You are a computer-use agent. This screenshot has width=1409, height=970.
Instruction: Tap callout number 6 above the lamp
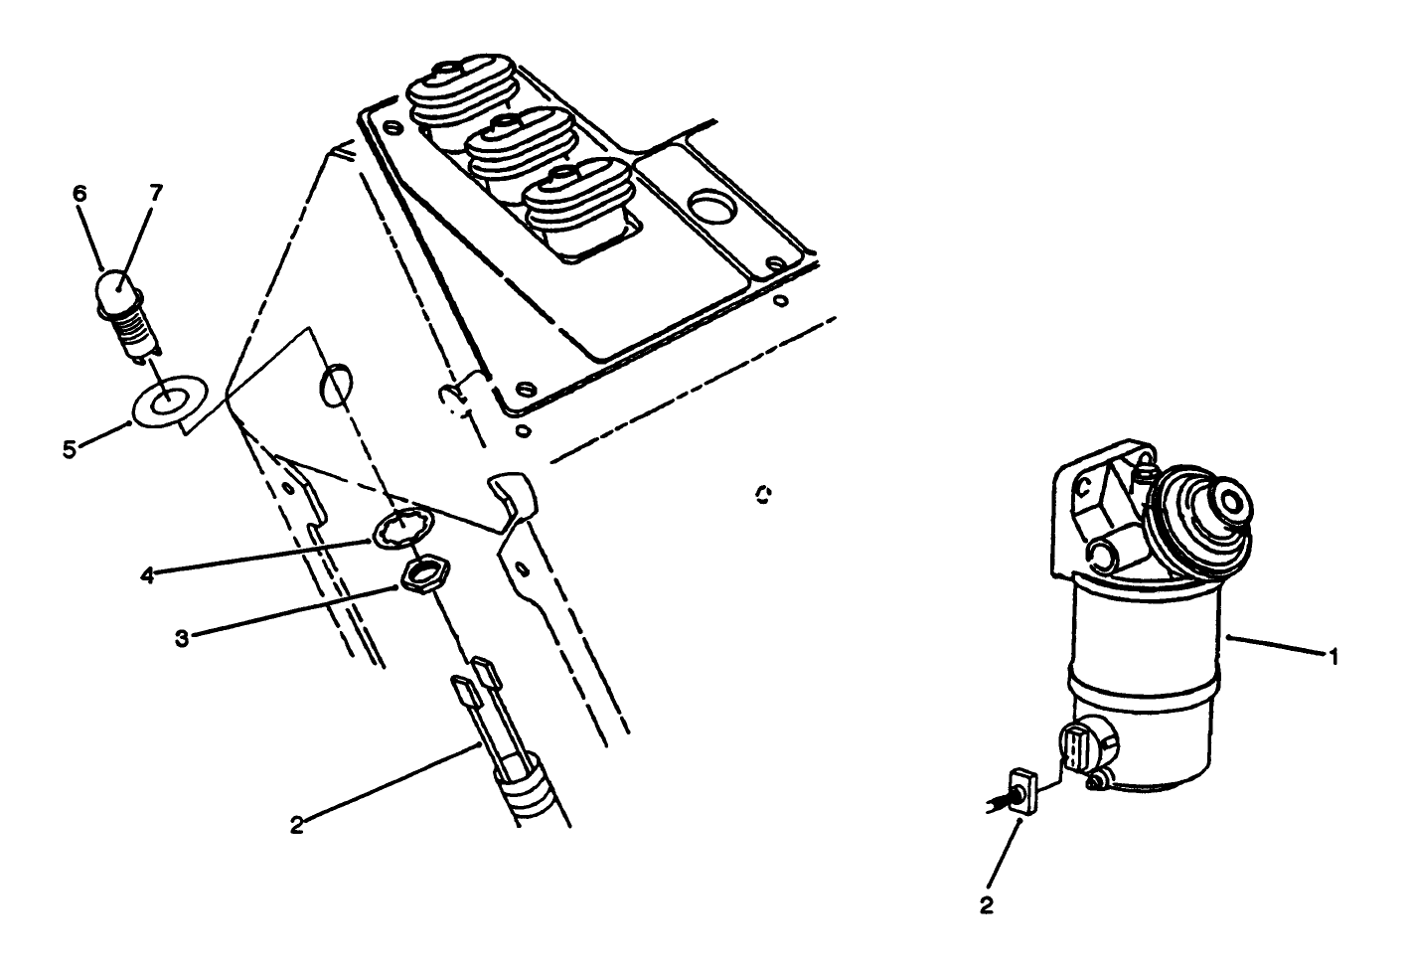[x=80, y=194]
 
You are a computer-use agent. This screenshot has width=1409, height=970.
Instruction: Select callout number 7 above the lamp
[x=156, y=194]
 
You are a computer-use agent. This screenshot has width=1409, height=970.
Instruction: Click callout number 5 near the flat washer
[x=69, y=449]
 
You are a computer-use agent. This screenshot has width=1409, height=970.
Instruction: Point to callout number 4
[x=146, y=575]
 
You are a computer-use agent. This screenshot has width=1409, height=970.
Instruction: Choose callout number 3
[x=181, y=638]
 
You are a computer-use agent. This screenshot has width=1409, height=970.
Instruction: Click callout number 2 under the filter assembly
[x=987, y=905]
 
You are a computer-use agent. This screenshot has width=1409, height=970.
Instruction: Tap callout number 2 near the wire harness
[x=296, y=825]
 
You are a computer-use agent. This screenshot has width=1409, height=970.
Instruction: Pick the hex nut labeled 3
[x=425, y=574]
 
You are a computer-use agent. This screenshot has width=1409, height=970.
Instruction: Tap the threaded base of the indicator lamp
[x=134, y=333]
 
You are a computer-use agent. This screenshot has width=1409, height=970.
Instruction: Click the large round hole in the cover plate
[x=715, y=210]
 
